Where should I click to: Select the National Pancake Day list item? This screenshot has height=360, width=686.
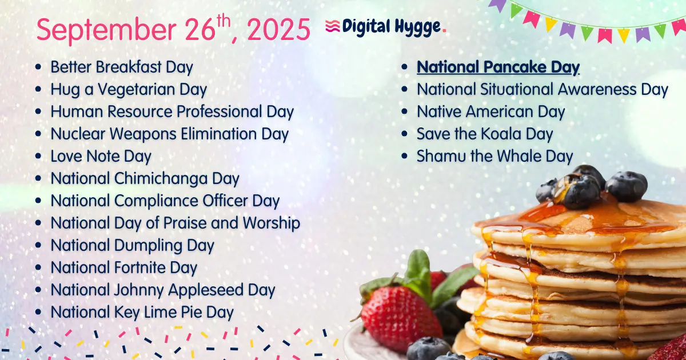[x=498, y=67]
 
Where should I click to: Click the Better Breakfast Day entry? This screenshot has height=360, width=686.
[x=122, y=67]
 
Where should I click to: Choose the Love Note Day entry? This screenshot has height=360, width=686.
[x=101, y=156]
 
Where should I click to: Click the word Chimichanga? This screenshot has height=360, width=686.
[x=162, y=178]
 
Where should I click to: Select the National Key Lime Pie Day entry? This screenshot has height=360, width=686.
[x=142, y=312]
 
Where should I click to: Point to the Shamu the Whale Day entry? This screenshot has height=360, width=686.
[x=494, y=156]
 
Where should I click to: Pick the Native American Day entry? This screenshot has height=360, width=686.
[x=490, y=112]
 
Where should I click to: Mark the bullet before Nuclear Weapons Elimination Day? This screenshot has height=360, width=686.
[x=38, y=134]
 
